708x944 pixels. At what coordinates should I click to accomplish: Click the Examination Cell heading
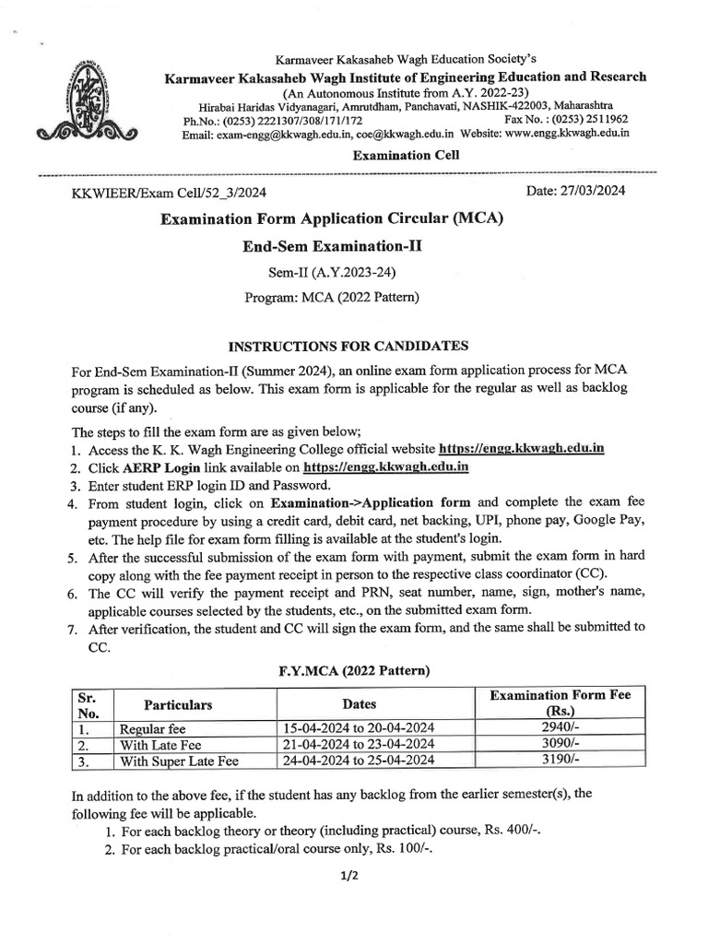tap(406, 155)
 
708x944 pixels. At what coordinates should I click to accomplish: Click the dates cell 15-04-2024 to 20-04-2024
tap(360, 727)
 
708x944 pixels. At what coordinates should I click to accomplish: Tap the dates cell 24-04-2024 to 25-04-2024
tap(360, 761)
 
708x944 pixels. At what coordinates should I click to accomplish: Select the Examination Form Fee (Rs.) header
tap(559, 703)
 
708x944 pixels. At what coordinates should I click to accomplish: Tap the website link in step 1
tap(522, 449)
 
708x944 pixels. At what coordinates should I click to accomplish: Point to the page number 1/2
tap(348, 876)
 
